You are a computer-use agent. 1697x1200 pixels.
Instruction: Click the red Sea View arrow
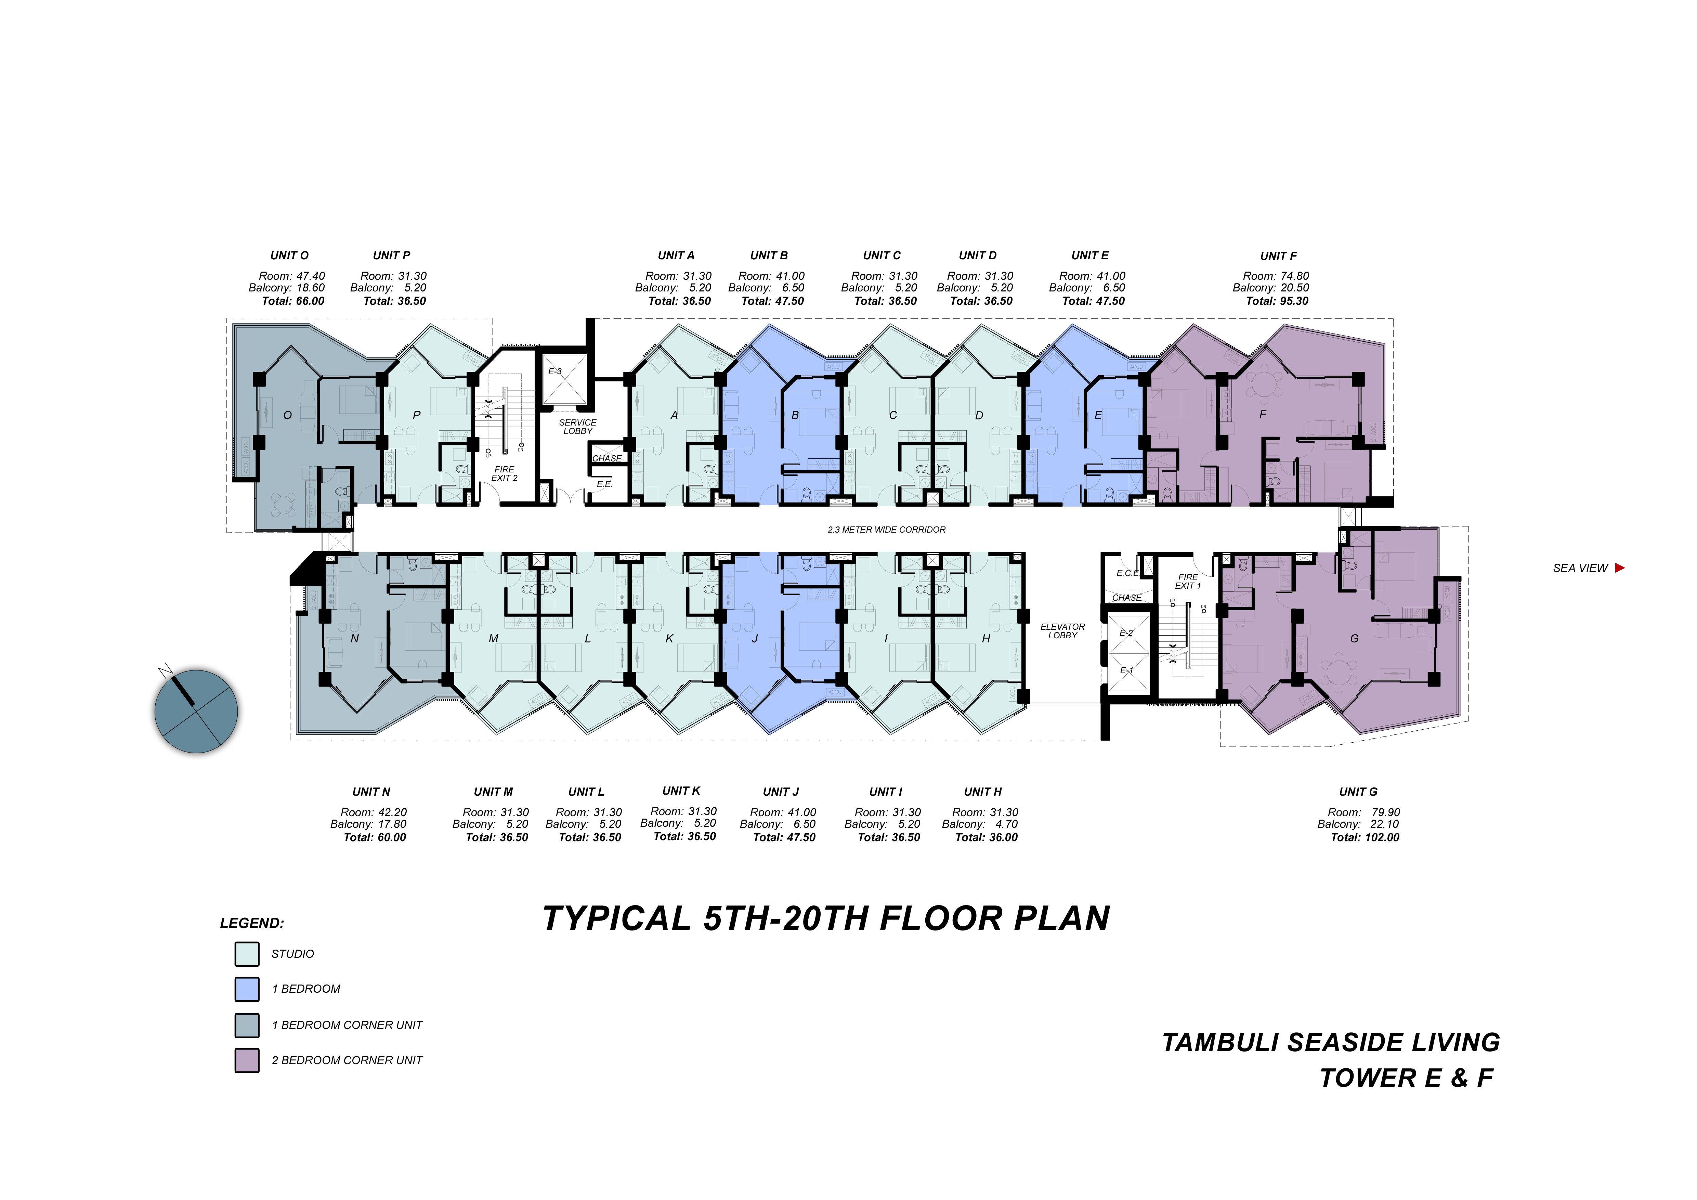(x=1619, y=568)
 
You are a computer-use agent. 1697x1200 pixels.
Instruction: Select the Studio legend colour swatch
(x=247, y=954)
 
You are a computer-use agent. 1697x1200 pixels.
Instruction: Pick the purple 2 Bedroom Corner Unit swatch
(x=247, y=1060)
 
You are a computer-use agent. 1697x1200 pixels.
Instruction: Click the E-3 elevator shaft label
(x=555, y=372)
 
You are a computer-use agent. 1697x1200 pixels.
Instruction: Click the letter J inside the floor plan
(x=755, y=638)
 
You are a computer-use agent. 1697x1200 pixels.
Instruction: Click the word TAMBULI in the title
(x=1219, y=1043)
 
